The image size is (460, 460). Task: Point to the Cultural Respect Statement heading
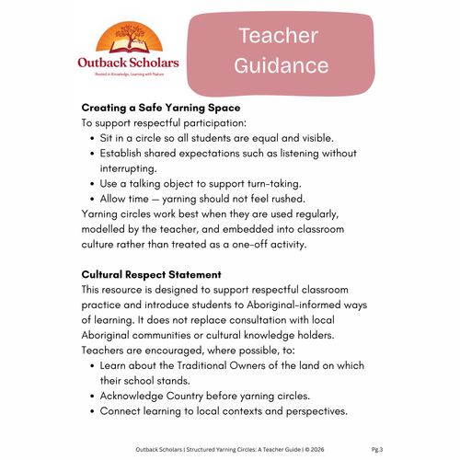pyautogui.click(x=151, y=274)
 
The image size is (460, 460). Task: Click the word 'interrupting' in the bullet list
pyautogui.click(x=134, y=168)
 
